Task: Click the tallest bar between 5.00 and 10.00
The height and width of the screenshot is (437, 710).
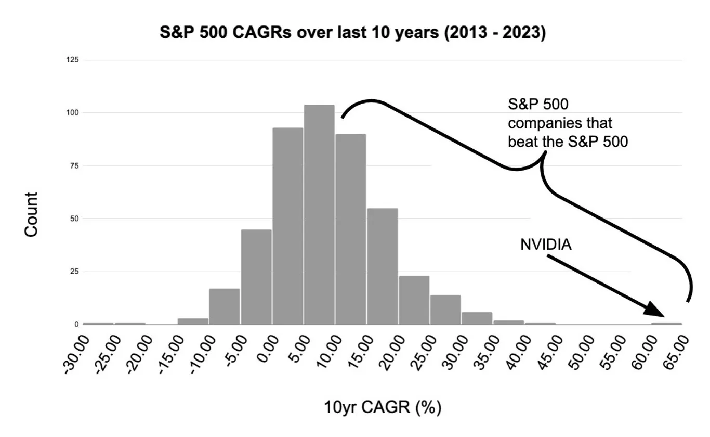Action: tap(319, 214)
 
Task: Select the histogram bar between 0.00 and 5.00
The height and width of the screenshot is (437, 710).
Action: tap(288, 226)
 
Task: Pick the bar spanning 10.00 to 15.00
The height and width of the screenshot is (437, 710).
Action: tap(350, 229)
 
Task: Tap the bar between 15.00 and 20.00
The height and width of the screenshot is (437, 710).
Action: tap(382, 266)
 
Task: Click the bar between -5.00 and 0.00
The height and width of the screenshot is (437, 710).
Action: tap(256, 277)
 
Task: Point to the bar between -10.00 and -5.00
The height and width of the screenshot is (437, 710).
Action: tap(225, 306)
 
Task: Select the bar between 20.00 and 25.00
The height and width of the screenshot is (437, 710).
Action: tap(414, 300)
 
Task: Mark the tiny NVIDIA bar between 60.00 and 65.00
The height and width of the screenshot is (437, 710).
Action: tap(666, 324)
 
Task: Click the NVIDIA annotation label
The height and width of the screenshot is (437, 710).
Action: tap(546, 245)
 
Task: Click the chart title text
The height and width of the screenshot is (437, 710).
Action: tap(353, 32)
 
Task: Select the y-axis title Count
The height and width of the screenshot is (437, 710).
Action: tap(31, 214)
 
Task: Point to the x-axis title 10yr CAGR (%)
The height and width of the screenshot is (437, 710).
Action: tap(383, 407)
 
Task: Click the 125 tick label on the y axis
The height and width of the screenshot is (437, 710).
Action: tap(72, 60)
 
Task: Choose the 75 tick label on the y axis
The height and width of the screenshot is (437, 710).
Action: tap(74, 165)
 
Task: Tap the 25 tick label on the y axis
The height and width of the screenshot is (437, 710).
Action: tap(74, 272)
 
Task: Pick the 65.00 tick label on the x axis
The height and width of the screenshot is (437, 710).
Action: tap(676, 352)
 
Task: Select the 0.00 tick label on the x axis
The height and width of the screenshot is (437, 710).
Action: tap(268, 349)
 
